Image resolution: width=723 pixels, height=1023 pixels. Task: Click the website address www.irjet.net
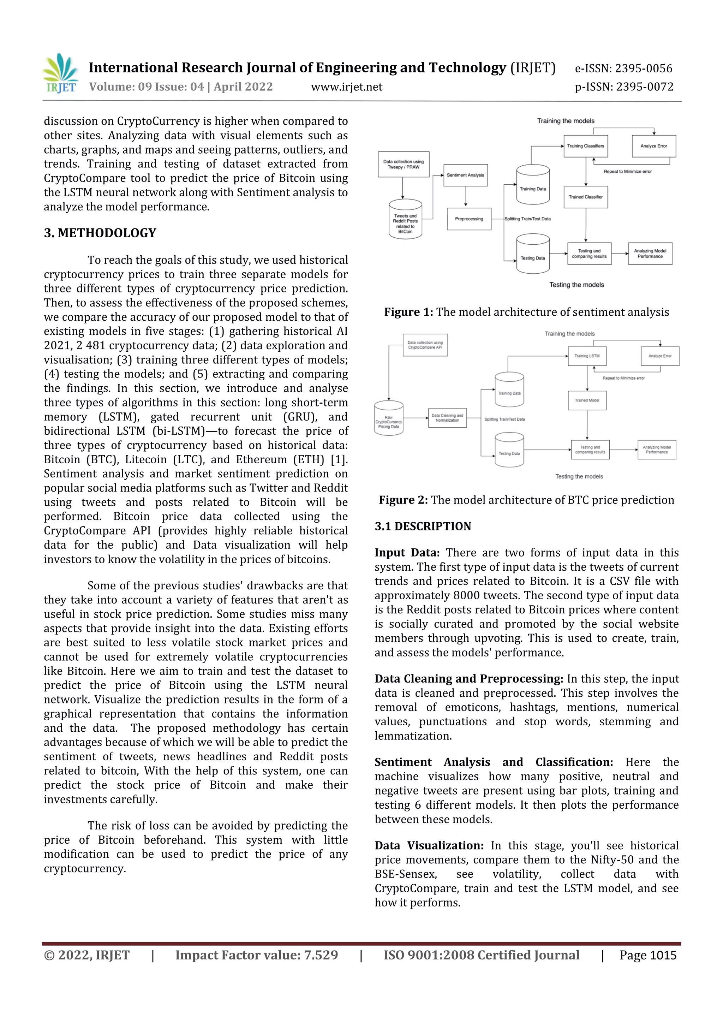[x=347, y=87]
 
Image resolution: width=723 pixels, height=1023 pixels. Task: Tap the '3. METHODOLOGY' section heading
[x=100, y=233]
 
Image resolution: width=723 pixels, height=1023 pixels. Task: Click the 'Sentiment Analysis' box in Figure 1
[x=466, y=175]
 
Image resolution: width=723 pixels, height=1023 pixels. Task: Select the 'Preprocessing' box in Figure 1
[x=469, y=219]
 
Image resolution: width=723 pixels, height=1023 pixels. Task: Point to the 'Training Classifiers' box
[x=585, y=146]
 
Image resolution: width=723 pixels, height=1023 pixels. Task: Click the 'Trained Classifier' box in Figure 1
[x=585, y=197]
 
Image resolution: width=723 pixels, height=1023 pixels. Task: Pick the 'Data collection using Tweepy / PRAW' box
[x=404, y=165]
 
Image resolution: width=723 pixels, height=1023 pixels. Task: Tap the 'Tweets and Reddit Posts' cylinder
[x=405, y=223]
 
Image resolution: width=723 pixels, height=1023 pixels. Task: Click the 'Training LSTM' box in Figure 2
[x=587, y=356]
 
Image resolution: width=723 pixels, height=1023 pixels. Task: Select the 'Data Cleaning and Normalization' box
[x=447, y=418]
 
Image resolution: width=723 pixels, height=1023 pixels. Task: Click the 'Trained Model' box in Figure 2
[x=587, y=400]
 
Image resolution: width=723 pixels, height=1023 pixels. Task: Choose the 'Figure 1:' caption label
[x=408, y=312]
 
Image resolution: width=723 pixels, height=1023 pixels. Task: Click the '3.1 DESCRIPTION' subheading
[x=423, y=526]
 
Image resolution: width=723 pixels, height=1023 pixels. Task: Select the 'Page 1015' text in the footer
[x=648, y=955]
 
